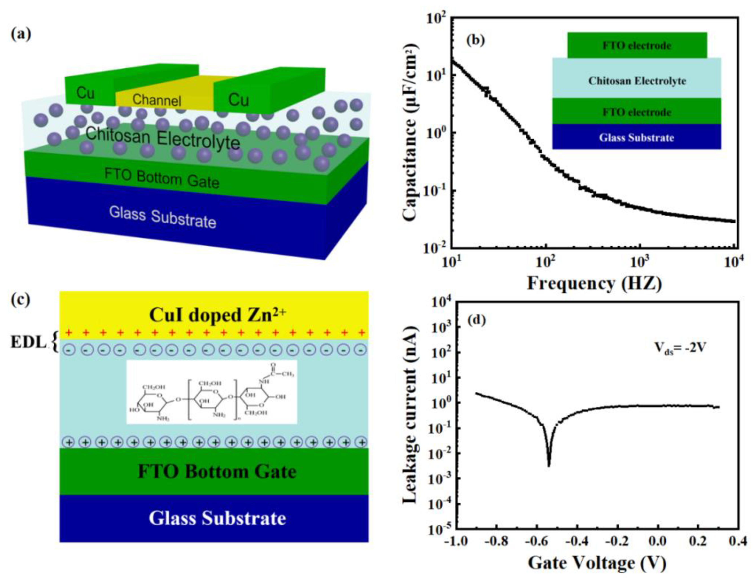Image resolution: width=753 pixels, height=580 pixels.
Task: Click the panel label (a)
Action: pos(21,34)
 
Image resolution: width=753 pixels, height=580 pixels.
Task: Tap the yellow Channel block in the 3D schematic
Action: pos(157,99)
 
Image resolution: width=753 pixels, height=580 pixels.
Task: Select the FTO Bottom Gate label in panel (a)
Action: pos(162,179)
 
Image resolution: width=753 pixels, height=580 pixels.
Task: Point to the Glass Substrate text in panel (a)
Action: pos(162,217)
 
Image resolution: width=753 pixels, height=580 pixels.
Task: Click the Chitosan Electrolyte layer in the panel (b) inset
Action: pos(636,81)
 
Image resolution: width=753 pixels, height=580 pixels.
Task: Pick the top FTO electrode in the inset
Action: pos(636,45)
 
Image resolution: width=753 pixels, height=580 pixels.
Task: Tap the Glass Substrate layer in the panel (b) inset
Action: pos(636,138)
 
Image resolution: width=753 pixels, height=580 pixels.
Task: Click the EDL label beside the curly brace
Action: pos(28,343)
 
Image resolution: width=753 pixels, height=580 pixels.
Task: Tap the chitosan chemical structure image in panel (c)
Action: pos(211,392)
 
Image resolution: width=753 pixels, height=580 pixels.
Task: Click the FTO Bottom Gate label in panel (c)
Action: pos(217,471)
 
